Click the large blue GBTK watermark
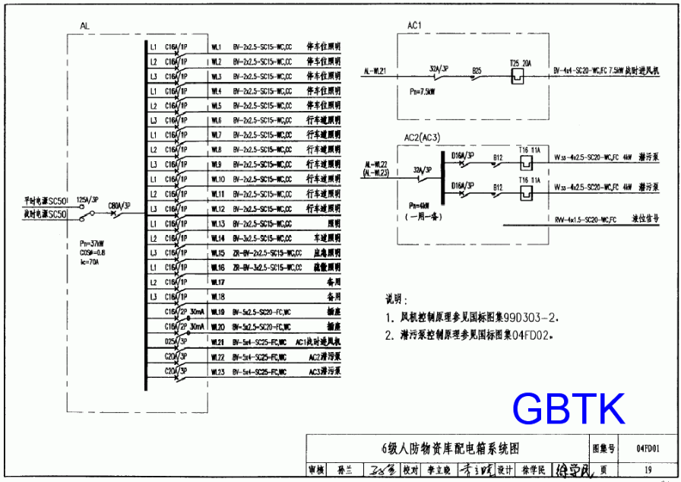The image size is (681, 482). coord(569,409)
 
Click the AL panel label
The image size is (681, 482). coord(84,27)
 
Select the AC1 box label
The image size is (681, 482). coord(414,26)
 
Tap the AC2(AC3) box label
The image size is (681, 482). coord(423,137)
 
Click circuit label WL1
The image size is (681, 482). coord(216,47)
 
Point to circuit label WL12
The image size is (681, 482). coord(217,209)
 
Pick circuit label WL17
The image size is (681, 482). coord(217,282)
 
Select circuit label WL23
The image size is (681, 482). coord(217,372)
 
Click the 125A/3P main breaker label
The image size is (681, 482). coord(87,199)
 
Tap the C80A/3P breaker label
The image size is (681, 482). coord(119,205)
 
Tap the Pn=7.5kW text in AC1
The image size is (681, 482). coord(422,91)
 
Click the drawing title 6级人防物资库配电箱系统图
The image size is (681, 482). coord(451,448)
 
